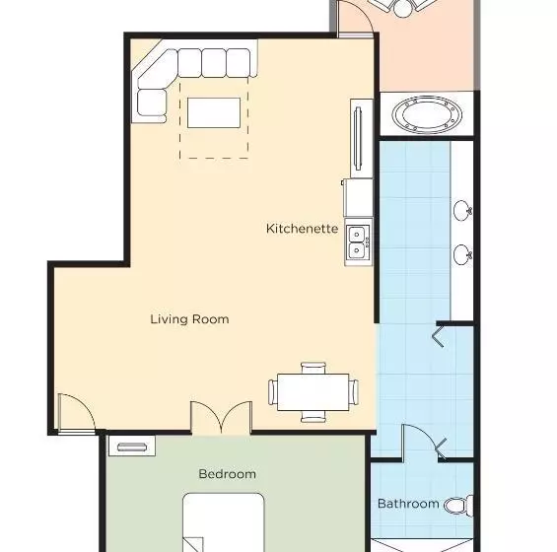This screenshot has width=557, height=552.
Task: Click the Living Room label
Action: click(x=189, y=319)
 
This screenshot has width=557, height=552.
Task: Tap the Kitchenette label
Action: click(x=302, y=229)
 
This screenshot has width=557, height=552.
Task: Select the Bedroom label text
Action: click(x=228, y=474)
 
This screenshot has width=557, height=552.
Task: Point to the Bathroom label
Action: click(x=408, y=504)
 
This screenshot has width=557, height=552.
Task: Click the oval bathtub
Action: click(x=427, y=114)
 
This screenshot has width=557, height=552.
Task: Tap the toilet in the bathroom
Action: click(x=458, y=506)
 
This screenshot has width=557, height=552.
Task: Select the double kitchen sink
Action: click(x=359, y=241)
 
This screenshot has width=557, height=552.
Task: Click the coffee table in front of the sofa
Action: click(x=214, y=112)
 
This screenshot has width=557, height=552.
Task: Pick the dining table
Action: click(x=313, y=392)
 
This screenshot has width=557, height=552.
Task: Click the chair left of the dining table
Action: click(x=272, y=392)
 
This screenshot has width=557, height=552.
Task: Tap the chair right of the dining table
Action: click(x=354, y=392)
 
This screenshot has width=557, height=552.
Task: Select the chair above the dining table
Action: click(x=313, y=368)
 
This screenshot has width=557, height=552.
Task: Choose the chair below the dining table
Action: click(x=313, y=416)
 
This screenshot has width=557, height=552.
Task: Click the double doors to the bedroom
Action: click(x=221, y=417)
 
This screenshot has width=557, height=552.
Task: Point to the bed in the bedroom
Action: click(x=224, y=522)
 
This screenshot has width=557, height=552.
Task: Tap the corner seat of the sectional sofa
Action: click(x=158, y=69)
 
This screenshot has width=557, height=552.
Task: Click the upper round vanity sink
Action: click(x=462, y=210)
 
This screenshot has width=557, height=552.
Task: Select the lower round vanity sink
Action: click(x=462, y=254)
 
